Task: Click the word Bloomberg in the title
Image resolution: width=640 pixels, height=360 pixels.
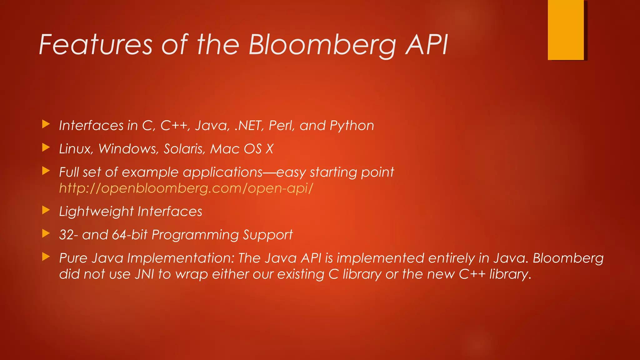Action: click(322, 45)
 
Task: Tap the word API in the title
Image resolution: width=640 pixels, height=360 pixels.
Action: click(426, 45)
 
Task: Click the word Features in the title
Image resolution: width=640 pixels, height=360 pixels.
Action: click(96, 45)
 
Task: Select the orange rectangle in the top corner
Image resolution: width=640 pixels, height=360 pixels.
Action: click(566, 30)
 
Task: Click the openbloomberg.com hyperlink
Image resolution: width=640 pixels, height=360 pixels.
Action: click(186, 188)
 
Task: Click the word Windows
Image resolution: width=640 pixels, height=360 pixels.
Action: click(128, 149)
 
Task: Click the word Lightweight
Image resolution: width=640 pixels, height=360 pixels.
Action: click(96, 212)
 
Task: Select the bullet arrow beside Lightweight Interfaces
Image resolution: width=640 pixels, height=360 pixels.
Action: click(46, 210)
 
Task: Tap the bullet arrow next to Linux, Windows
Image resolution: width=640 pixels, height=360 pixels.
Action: click(46, 147)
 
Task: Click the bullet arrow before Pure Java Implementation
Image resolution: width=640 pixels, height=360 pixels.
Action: click(46, 257)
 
